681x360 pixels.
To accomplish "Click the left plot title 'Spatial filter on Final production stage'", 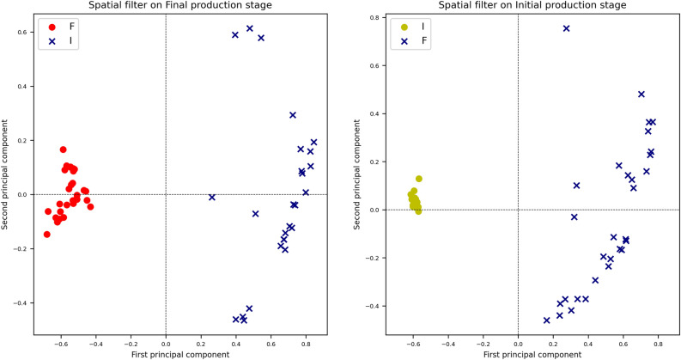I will point(166,5).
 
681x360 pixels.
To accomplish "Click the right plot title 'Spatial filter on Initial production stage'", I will point(518,5).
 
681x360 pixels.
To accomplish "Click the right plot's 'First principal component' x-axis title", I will point(518,353).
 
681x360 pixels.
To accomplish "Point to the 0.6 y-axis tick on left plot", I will point(21,33).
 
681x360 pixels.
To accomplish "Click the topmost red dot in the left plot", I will point(63,149).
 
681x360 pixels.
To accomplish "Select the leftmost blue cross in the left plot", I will point(211,198).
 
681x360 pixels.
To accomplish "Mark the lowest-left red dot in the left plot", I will point(46,234).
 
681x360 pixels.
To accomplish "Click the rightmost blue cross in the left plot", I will point(313,142).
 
